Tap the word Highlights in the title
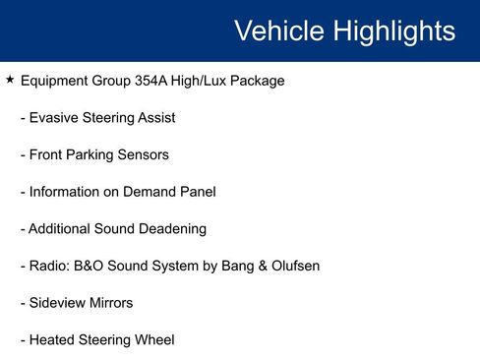tap(393, 30)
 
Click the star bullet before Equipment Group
tap(9, 80)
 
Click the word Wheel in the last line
tap(154, 340)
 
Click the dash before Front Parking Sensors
tap(23, 154)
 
